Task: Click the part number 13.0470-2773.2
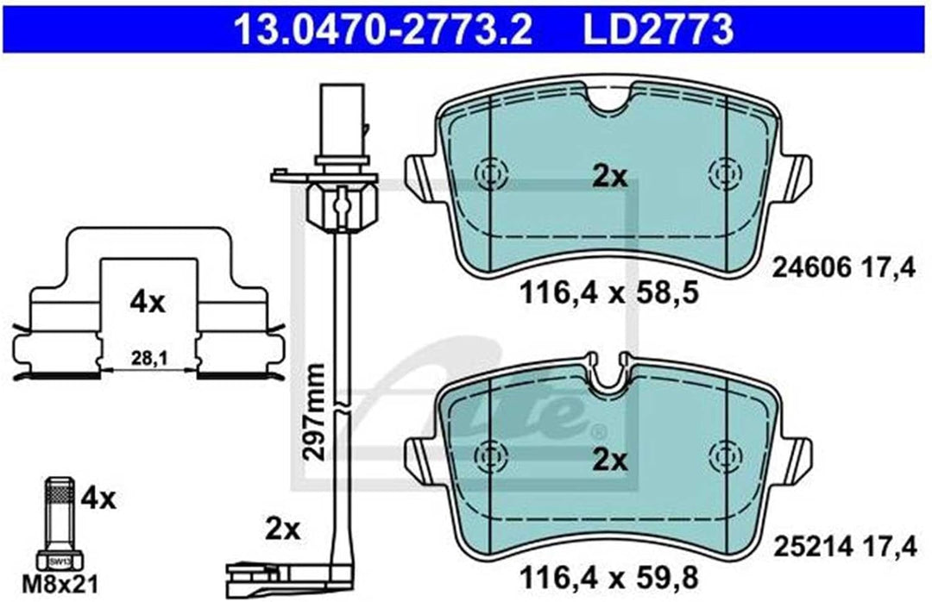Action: click(383, 29)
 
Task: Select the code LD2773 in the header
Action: click(658, 29)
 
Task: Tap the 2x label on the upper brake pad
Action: click(610, 177)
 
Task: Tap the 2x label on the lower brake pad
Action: click(610, 460)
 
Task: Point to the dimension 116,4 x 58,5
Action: click(608, 292)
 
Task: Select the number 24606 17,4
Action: click(843, 269)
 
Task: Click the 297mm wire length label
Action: click(313, 412)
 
